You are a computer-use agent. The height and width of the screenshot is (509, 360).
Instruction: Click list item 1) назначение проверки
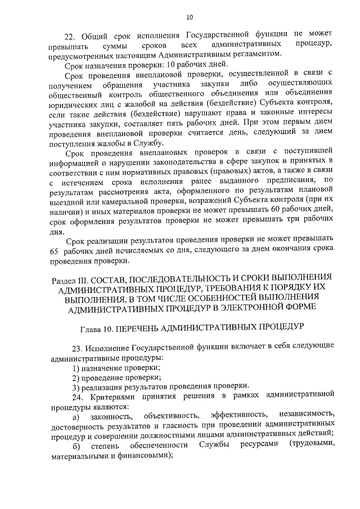click(x=115, y=367)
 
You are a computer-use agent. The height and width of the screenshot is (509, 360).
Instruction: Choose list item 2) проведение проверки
click(x=116, y=377)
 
